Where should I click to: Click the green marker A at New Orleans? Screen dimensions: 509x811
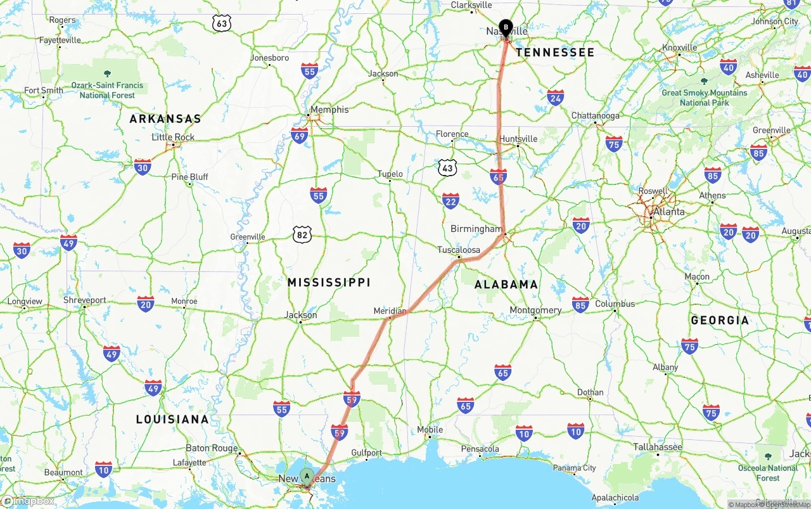(x=307, y=475)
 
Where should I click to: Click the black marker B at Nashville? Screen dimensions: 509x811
(x=506, y=27)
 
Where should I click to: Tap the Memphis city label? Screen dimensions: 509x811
(x=329, y=110)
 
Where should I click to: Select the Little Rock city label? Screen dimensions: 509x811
(x=173, y=137)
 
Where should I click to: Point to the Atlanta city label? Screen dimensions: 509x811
(x=669, y=212)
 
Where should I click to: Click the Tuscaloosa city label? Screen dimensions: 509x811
(x=459, y=250)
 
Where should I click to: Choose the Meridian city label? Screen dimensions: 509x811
(x=390, y=311)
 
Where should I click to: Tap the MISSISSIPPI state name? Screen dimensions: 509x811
(x=329, y=282)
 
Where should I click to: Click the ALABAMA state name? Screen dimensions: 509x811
(x=506, y=285)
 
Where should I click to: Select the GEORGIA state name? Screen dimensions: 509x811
(x=720, y=320)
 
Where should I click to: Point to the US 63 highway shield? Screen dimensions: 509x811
(x=222, y=23)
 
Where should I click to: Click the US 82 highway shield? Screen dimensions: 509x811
(x=302, y=235)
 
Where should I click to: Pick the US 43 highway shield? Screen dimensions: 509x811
(x=447, y=168)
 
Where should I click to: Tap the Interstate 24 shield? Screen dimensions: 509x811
(x=556, y=98)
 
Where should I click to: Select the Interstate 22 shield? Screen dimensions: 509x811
(x=450, y=202)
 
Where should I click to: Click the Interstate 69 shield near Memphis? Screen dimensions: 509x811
(x=300, y=135)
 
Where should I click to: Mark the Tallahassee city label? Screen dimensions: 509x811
(x=658, y=447)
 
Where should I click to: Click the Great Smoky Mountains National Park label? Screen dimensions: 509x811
(x=704, y=97)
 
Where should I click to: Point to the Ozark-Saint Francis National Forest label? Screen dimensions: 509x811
(x=107, y=90)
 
